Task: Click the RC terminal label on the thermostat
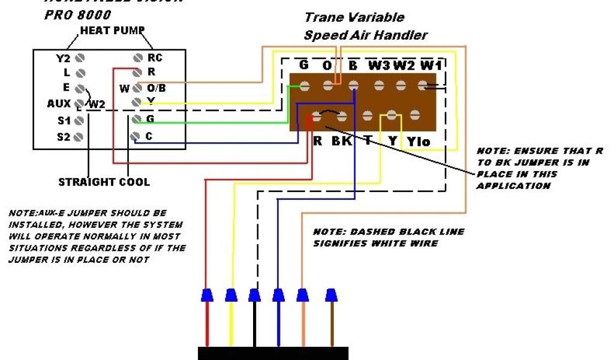[155, 58]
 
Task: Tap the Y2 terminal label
[63, 58]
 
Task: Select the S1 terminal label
[64, 121]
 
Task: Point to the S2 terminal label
[64, 137]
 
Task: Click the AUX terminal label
[59, 103]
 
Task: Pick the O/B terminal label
[156, 88]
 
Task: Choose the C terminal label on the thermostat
[149, 136]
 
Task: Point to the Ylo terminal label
[419, 142]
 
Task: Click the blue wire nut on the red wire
[206, 295]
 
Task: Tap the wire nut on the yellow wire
[231, 295]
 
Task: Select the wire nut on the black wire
[254, 295]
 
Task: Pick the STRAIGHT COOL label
[104, 182]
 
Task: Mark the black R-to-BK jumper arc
[329, 112]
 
